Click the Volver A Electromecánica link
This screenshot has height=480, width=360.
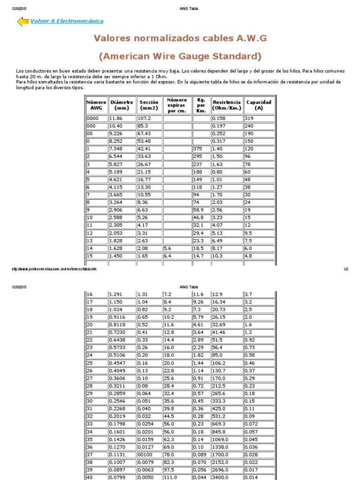67,21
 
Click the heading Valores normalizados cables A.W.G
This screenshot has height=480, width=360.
180,38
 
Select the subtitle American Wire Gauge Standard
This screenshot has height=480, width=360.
180,56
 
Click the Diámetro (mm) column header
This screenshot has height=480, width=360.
121,105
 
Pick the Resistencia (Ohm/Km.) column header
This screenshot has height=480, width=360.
226,105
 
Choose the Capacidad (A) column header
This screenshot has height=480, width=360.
259,105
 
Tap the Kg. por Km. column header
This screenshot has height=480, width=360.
201,105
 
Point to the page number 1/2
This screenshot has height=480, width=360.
346,269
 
